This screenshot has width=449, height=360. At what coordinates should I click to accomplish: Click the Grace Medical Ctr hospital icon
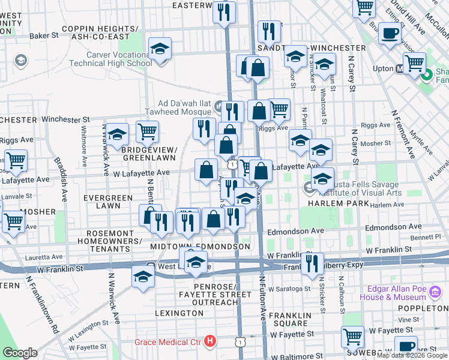210,341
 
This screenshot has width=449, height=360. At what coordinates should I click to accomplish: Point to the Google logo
20,353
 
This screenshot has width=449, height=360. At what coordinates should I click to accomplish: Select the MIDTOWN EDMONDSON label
200,247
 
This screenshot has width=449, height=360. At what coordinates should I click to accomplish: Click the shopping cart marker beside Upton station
414,62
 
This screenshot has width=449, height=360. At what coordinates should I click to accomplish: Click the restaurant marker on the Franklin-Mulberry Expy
312,262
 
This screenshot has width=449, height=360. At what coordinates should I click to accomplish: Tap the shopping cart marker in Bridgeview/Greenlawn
147,131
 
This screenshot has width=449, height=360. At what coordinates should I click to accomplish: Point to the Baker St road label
44,36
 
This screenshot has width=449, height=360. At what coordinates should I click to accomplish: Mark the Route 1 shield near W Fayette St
240,342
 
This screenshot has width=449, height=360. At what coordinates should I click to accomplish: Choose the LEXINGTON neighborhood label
179,313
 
